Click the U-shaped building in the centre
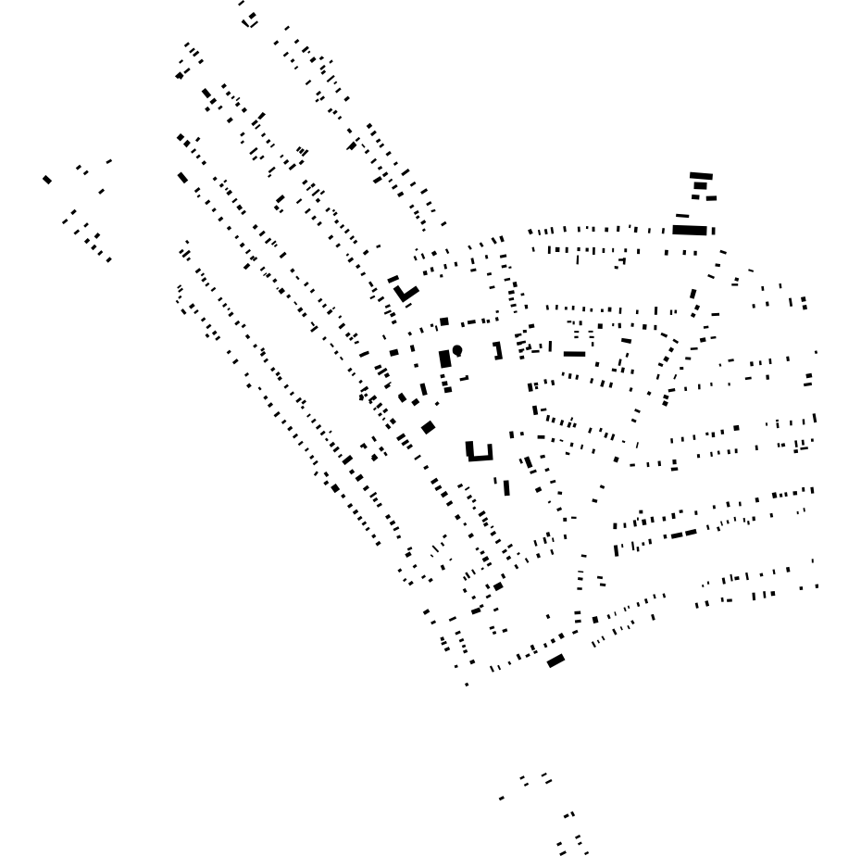coord(479,456)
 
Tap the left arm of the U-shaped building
coord(469,450)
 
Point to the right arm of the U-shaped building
coord(489,451)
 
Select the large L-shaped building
coord(405,296)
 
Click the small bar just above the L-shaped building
coord(393,279)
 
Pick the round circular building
coord(457,350)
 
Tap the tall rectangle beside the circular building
coord(445,359)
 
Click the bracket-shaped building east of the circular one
coord(498,351)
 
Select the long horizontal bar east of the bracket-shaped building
coord(574,354)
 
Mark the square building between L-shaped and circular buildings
coord(444,321)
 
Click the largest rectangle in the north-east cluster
coord(690,230)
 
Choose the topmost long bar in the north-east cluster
coord(701,175)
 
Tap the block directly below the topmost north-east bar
coord(700,185)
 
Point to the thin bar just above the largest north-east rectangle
coord(682,216)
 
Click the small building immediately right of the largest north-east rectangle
coord(714,231)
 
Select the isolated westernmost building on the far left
coord(47,179)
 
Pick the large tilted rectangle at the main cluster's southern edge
coord(555,661)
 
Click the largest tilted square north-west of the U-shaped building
coord(428,427)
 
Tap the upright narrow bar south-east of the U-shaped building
coord(506,487)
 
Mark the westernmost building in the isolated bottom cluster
coord(502,798)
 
